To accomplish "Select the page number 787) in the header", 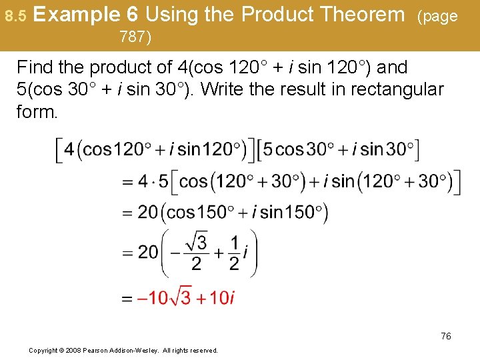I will [x=135, y=37].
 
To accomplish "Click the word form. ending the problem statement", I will [x=37, y=111].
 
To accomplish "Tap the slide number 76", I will [x=445, y=336].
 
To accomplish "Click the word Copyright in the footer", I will [x=43, y=350].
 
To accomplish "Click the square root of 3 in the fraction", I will [x=197, y=241].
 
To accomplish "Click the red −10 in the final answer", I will [x=152, y=298].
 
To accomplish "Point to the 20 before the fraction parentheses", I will [x=148, y=252].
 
